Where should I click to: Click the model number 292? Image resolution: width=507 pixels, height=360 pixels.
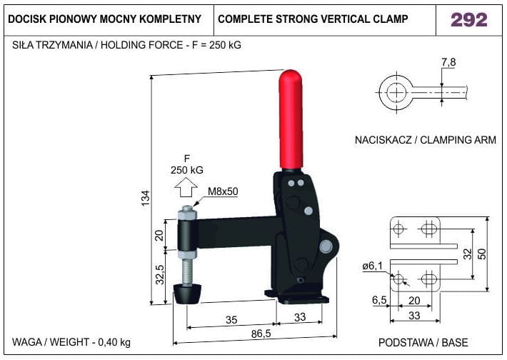[x=469, y=20]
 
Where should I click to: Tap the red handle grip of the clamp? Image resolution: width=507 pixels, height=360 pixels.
[x=291, y=119]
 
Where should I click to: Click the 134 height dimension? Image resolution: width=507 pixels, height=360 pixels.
[x=146, y=198]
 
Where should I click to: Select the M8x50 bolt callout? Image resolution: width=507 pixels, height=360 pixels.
[x=223, y=191]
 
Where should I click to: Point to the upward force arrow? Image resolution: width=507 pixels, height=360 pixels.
[x=186, y=187]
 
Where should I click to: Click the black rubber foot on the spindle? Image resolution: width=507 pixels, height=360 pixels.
[x=188, y=294]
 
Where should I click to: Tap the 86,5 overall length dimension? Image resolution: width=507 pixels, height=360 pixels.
[x=261, y=334]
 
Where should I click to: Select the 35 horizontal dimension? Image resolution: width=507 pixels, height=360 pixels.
[x=231, y=320]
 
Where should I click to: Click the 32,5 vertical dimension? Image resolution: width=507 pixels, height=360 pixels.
[x=160, y=274]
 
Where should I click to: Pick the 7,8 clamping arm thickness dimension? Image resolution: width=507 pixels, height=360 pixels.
[x=448, y=61]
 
